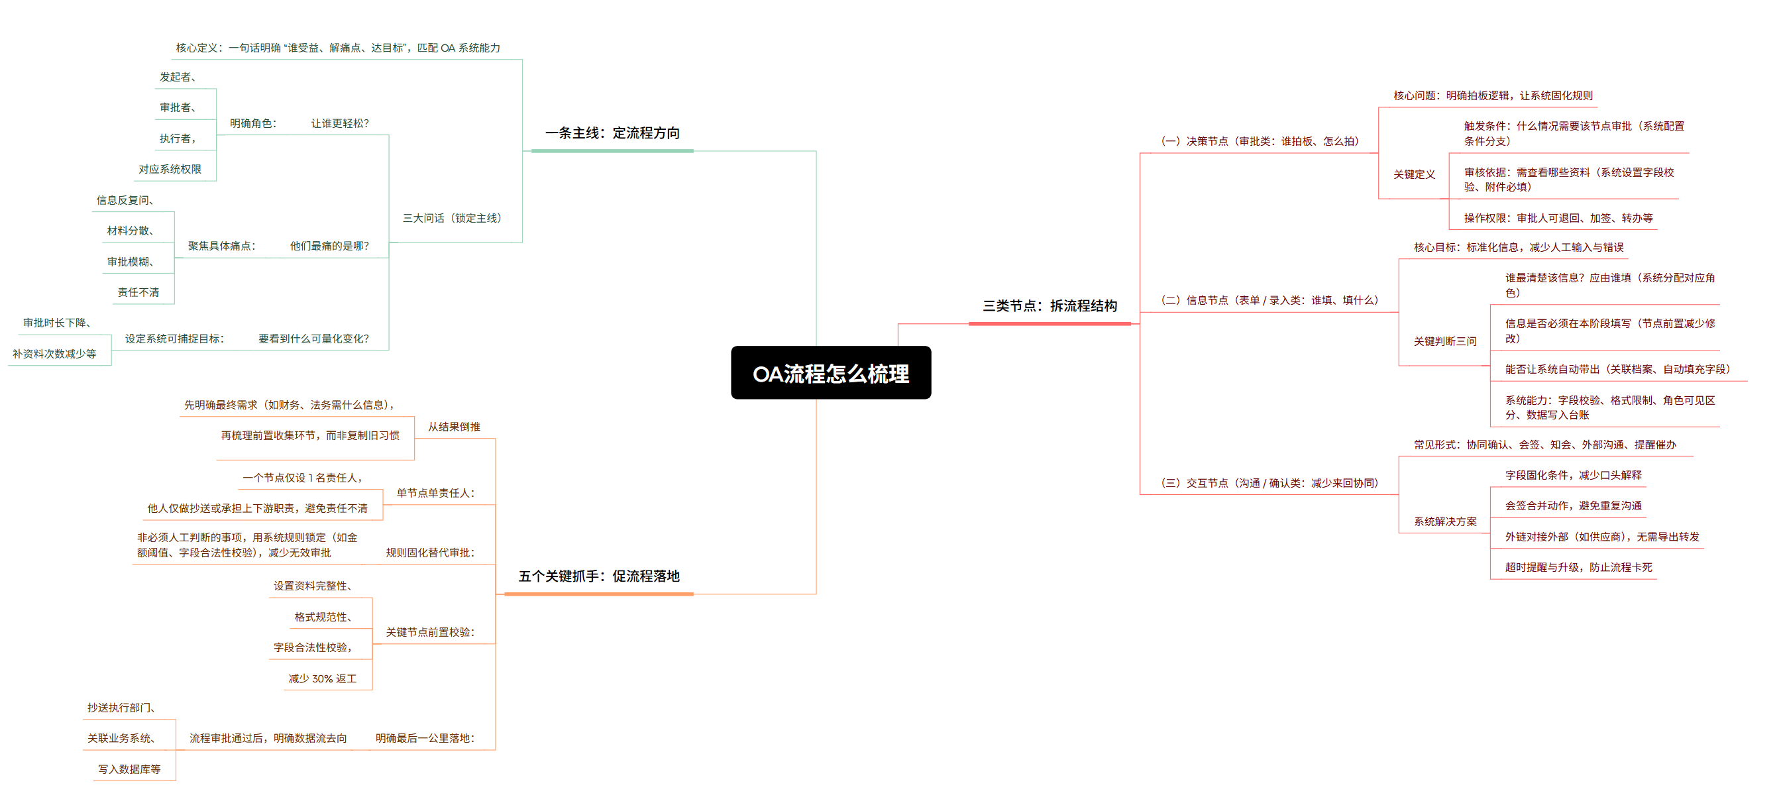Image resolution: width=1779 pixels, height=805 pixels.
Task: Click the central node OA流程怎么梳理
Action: [831, 373]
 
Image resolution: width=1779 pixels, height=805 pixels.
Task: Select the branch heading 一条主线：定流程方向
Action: [613, 133]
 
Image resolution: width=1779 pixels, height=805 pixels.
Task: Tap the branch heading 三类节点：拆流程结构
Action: [1050, 306]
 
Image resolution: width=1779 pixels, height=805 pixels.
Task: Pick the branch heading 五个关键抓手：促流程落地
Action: [599, 576]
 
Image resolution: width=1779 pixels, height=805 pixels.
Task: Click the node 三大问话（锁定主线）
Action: [453, 218]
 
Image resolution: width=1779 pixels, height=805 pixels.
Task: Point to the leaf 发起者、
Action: [178, 77]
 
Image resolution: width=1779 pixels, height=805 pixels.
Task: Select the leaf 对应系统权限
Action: [170, 169]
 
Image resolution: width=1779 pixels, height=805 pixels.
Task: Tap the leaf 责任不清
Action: [138, 292]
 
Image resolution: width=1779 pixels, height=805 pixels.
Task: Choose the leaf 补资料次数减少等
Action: [54, 354]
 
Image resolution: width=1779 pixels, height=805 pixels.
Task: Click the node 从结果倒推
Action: [454, 427]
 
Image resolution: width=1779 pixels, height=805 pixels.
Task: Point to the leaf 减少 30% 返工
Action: [323, 678]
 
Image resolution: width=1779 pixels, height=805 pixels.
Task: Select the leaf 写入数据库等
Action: [129, 769]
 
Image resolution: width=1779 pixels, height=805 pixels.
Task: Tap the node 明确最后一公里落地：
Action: [425, 738]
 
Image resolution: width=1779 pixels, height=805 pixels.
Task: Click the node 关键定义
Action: [1415, 175]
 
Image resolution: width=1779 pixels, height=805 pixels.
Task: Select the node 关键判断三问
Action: [1446, 341]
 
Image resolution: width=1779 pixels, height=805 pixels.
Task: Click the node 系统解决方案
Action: [1446, 521]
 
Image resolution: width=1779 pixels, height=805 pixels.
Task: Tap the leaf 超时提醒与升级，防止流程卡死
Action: [1579, 567]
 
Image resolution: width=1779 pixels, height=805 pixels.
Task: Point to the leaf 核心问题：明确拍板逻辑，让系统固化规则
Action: [1493, 95]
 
